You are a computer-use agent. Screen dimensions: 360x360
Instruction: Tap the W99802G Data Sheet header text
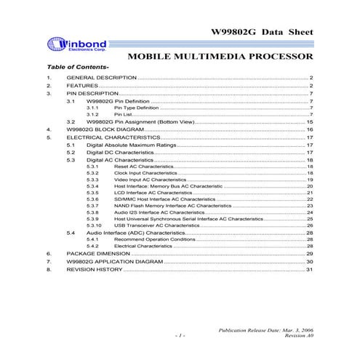[262, 33]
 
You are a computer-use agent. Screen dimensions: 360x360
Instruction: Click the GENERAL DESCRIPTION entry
[101, 77]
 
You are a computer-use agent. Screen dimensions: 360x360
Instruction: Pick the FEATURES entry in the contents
[82, 86]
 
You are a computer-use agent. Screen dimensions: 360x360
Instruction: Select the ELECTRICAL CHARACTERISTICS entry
[113, 137]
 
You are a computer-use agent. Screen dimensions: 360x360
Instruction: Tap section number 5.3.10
[94, 226]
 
